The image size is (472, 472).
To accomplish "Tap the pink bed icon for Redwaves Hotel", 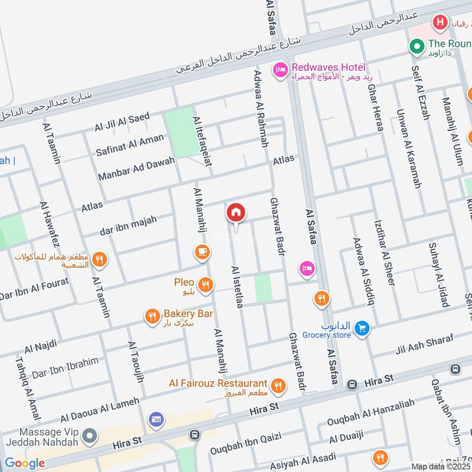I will tap(279, 71).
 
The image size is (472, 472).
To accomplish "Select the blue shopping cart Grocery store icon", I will tap(363, 327).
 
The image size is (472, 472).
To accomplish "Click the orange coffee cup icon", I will tap(202, 253).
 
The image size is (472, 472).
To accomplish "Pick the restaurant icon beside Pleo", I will tap(205, 286).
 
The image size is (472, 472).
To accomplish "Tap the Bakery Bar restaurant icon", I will tap(152, 317).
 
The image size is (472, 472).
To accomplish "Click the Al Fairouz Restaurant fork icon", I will tap(278, 386).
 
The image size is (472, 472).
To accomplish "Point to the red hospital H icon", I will tap(439, 23).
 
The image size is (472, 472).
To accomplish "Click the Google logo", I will tap(25, 463).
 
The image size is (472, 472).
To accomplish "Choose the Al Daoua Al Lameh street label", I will tap(99, 409).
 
